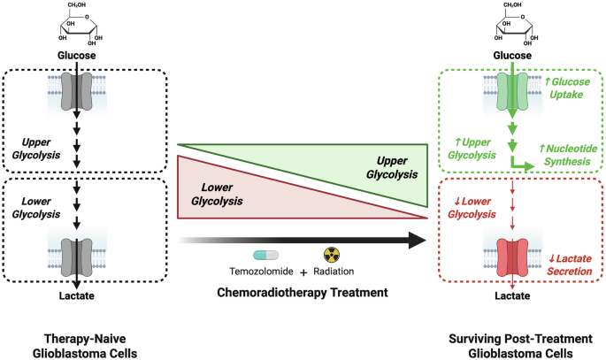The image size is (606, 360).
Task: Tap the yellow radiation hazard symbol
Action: click(333, 255)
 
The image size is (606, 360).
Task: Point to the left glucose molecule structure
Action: click(77, 32)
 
